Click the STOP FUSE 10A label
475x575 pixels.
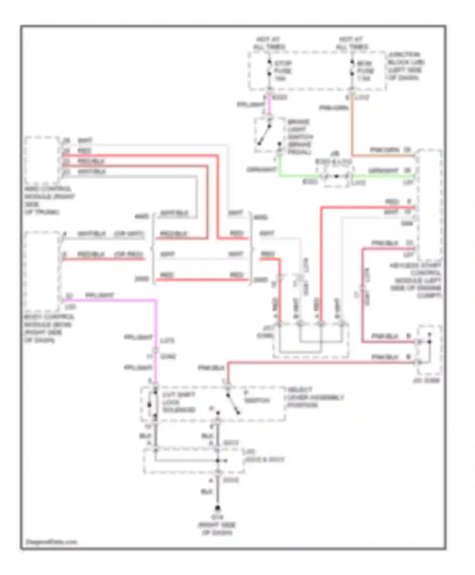point(282,71)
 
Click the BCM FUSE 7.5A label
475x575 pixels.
point(365,71)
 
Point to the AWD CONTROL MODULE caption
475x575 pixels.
point(49,200)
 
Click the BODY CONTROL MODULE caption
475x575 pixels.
point(49,328)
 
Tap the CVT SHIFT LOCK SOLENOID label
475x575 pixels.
point(179,402)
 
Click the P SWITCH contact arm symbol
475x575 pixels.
point(233,404)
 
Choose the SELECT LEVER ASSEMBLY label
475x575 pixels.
point(315,397)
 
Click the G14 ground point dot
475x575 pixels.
point(217,508)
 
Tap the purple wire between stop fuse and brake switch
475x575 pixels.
point(269,105)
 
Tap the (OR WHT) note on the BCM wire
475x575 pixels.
point(129,234)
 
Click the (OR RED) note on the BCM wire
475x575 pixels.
point(128,254)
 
